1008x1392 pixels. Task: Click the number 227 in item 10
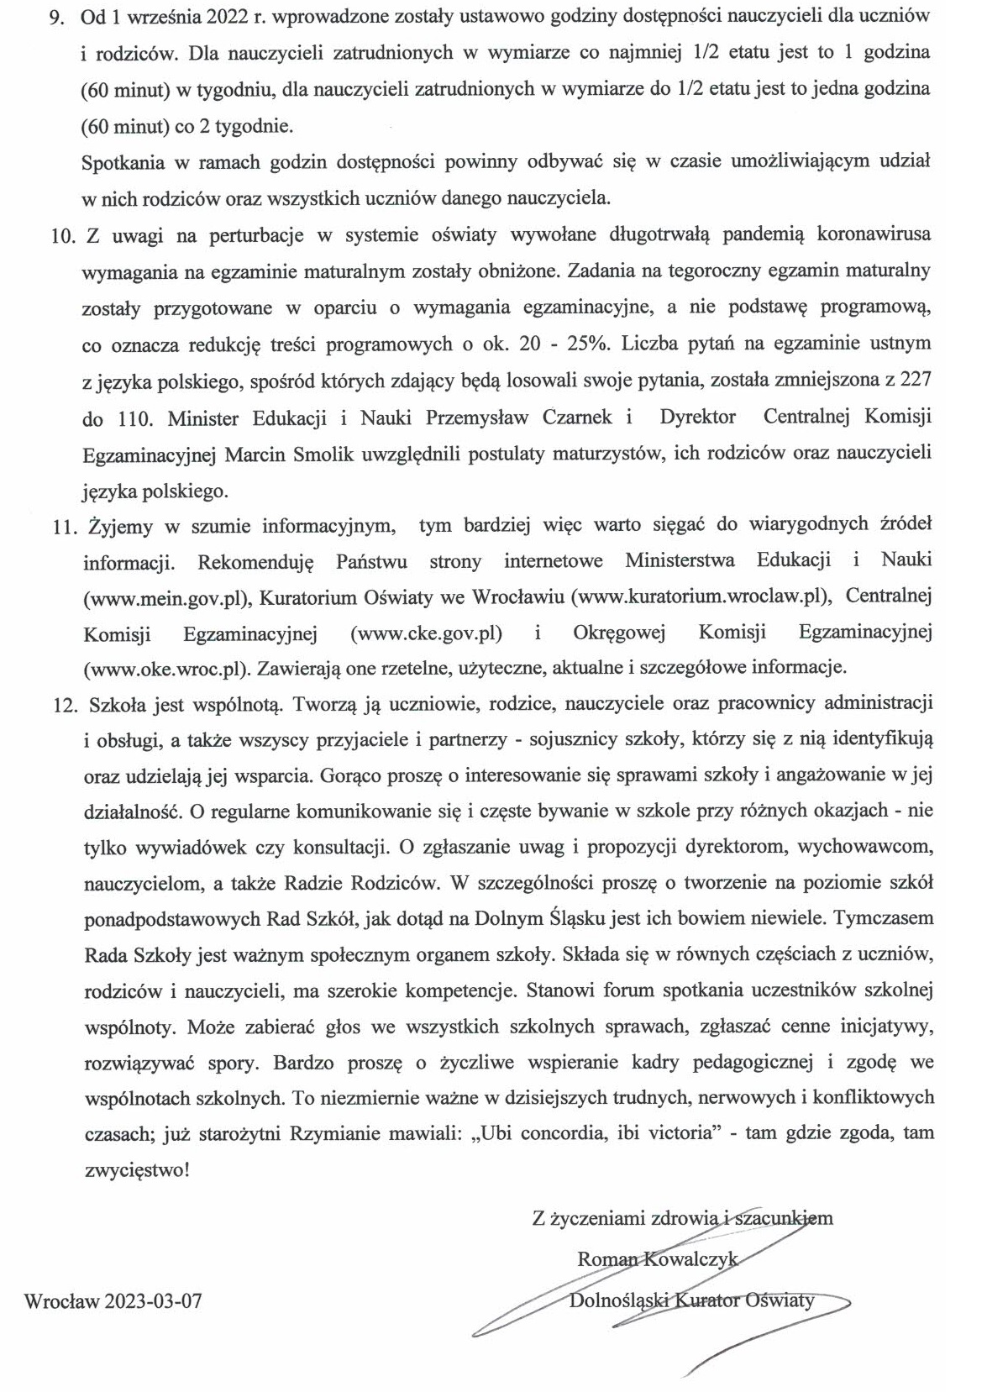pos(915,381)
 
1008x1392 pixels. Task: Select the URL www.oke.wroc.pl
pos(167,670)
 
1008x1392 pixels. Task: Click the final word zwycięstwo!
pos(137,1169)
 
